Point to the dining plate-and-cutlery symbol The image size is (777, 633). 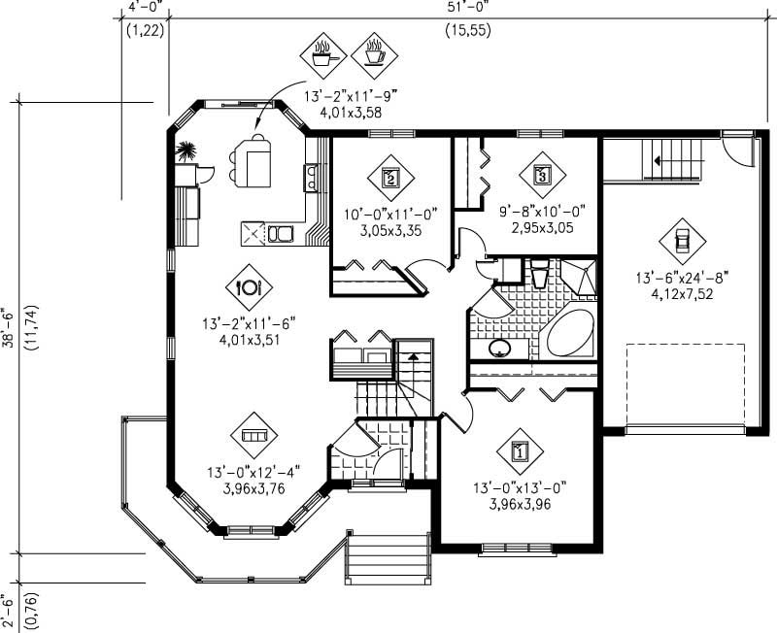coord(249,286)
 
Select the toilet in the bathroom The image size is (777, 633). coord(541,274)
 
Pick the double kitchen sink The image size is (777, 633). coord(282,233)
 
